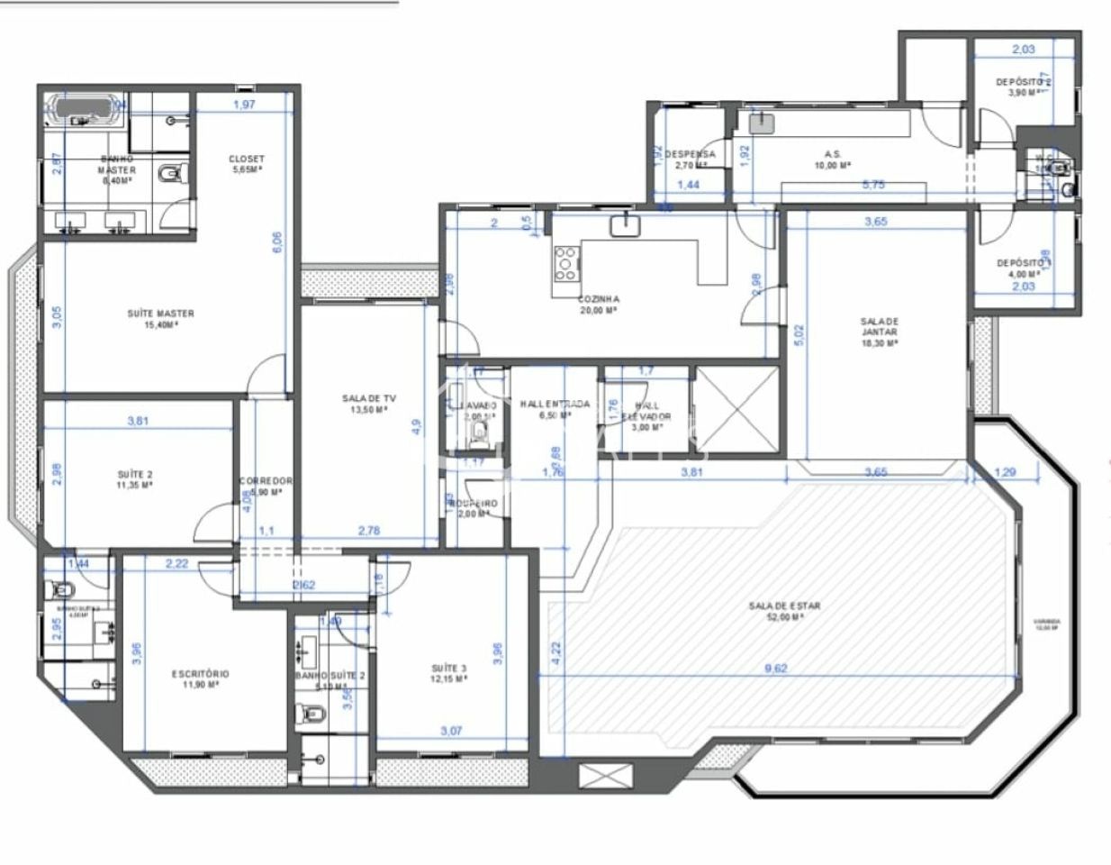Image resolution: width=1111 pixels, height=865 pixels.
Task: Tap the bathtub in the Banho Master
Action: (84, 108)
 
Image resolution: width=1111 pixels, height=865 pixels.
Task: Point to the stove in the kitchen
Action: (566, 264)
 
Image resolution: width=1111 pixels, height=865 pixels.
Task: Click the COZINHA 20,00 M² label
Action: (599, 304)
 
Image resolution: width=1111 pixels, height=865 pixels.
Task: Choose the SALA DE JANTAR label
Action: (879, 332)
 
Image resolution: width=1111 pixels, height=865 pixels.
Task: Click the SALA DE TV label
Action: (368, 403)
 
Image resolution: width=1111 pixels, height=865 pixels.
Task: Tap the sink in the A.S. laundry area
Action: (763, 123)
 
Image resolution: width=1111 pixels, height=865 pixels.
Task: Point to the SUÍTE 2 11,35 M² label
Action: (134, 478)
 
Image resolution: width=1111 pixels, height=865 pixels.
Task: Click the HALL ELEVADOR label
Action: (646, 411)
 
